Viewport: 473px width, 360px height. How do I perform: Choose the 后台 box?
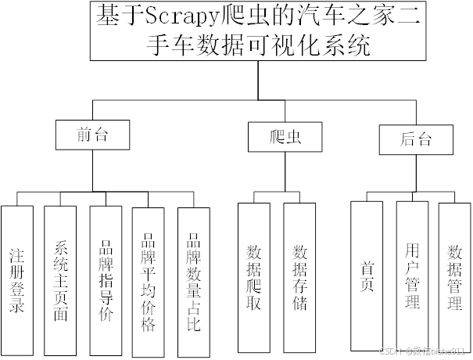click(415, 140)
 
